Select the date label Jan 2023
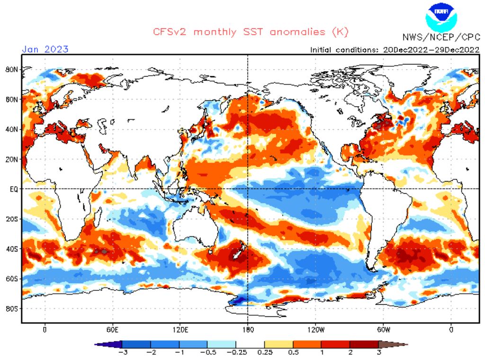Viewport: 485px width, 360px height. (45, 49)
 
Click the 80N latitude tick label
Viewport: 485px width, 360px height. (11, 69)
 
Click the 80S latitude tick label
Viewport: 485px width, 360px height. (11, 308)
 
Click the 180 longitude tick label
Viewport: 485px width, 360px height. (248, 330)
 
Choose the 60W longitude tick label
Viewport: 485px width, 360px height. (384, 330)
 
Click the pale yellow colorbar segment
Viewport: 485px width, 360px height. (278, 344)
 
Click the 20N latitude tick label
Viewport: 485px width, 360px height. (11, 159)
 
